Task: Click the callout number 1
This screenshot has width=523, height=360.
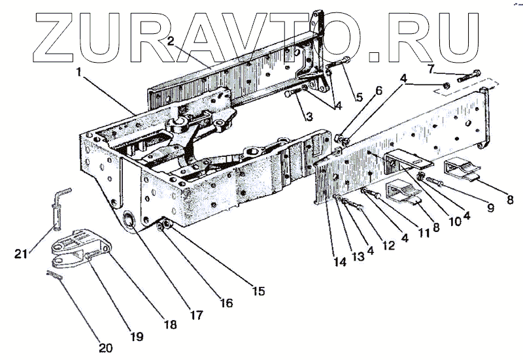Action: click(x=79, y=73)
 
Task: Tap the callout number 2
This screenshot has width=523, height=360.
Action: click(x=170, y=41)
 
